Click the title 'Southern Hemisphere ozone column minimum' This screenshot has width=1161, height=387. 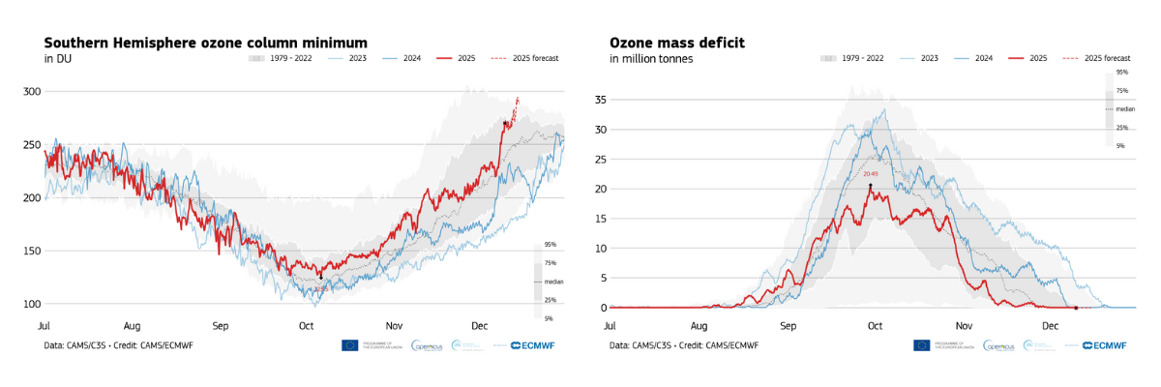206,43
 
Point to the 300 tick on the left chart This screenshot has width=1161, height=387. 32,92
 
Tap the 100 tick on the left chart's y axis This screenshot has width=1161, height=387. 32,304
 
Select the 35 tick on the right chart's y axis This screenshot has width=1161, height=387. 599,100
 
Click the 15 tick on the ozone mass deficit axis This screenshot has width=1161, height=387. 599,219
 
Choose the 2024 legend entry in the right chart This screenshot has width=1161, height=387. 983,58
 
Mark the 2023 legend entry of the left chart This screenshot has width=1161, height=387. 357,58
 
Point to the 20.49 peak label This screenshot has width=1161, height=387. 870,174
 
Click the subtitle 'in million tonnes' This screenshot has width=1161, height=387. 651,59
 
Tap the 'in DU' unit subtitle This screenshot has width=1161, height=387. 58,59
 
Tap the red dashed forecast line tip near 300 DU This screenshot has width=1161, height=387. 518,98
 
